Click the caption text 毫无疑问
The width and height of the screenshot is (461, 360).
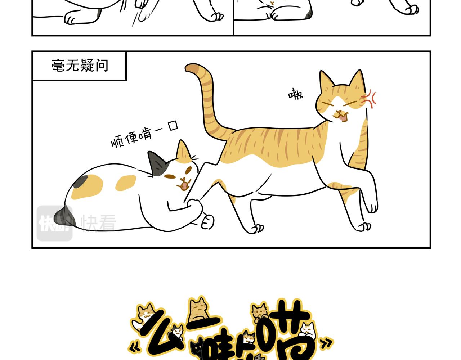tap(80, 66)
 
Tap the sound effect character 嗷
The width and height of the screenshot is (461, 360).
tap(296, 94)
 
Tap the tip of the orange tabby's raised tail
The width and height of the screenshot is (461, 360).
tap(191, 68)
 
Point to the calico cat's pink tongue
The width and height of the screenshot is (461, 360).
tap(184, 186)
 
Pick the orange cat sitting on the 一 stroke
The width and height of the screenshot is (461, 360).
tap(198, 309)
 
